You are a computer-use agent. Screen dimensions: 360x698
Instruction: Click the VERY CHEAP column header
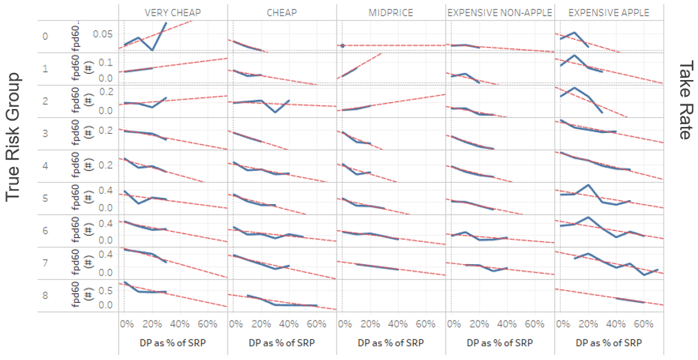[172, 12]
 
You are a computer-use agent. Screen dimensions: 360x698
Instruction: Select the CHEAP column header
[281, 12]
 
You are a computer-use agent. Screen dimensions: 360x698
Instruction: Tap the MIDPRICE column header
[390, 12]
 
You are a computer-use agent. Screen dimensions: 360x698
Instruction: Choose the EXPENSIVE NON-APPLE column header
[499, 12]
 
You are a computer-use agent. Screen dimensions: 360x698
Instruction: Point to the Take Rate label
[684, 100]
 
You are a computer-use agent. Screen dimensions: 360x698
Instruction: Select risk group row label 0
[45, 36]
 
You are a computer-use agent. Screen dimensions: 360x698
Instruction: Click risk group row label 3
[45, 133]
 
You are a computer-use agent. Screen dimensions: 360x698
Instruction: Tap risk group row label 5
[45, 198]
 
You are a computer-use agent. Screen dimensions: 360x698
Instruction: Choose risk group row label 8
[45, 295]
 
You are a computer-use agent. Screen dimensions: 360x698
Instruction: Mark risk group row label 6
[45, 230]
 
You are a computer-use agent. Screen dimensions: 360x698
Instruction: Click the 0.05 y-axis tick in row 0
[101, 33]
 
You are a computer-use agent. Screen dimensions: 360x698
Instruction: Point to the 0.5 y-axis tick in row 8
[105, 290]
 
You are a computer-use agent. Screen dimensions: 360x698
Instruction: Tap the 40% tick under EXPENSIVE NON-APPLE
[507, 323]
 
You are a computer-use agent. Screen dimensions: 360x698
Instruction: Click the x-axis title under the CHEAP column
[281, 343]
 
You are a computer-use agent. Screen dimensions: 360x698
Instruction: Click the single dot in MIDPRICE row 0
[342, 46]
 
